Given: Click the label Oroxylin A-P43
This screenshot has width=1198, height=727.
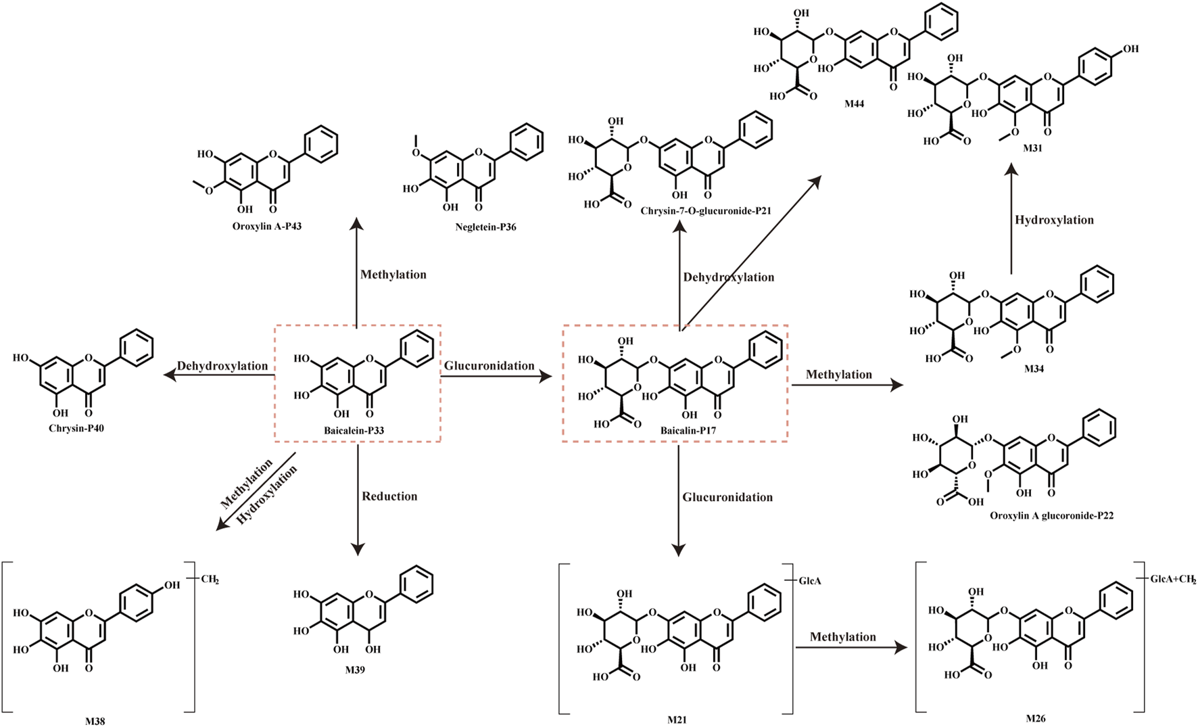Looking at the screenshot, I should [267, 227].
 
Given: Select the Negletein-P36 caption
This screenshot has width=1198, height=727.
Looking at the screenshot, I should [485, 227].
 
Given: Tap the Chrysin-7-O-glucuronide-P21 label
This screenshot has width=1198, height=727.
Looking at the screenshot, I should [706, 211].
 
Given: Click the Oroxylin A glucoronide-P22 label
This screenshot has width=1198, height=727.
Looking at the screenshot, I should [1052, 515].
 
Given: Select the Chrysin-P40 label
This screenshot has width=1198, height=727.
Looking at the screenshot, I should [76, 428].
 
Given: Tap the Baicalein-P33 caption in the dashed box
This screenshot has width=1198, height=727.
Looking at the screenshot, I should [354, 430].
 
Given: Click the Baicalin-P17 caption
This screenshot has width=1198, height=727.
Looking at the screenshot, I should [688, 430].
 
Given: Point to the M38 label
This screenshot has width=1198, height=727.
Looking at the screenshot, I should [95, 721].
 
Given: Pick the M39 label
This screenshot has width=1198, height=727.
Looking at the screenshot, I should [354, 670].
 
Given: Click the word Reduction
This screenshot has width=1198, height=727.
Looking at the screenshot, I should [389, 496].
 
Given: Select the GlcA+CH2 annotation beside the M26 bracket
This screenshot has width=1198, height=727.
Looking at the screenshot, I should [1172, 580].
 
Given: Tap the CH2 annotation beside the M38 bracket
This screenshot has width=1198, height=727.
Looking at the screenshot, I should [210, 580].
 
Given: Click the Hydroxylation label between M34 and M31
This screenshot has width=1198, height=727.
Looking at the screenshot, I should [1054, 220].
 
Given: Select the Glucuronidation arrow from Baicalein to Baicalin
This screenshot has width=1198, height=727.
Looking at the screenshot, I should [496, 377].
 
